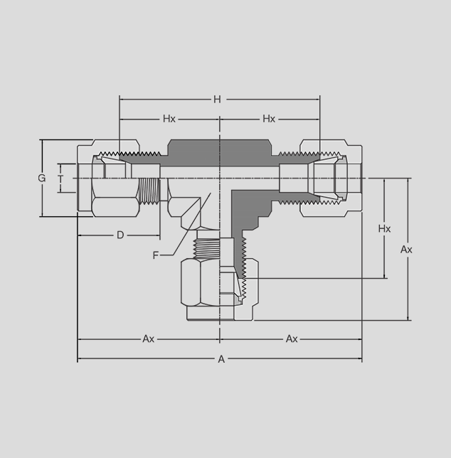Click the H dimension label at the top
217,100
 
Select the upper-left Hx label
169,119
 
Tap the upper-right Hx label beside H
269,119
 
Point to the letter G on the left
42,178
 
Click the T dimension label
60,179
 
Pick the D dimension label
120,235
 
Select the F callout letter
155,255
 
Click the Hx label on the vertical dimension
384,229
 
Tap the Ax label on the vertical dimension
406,250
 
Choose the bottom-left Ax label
149,339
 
